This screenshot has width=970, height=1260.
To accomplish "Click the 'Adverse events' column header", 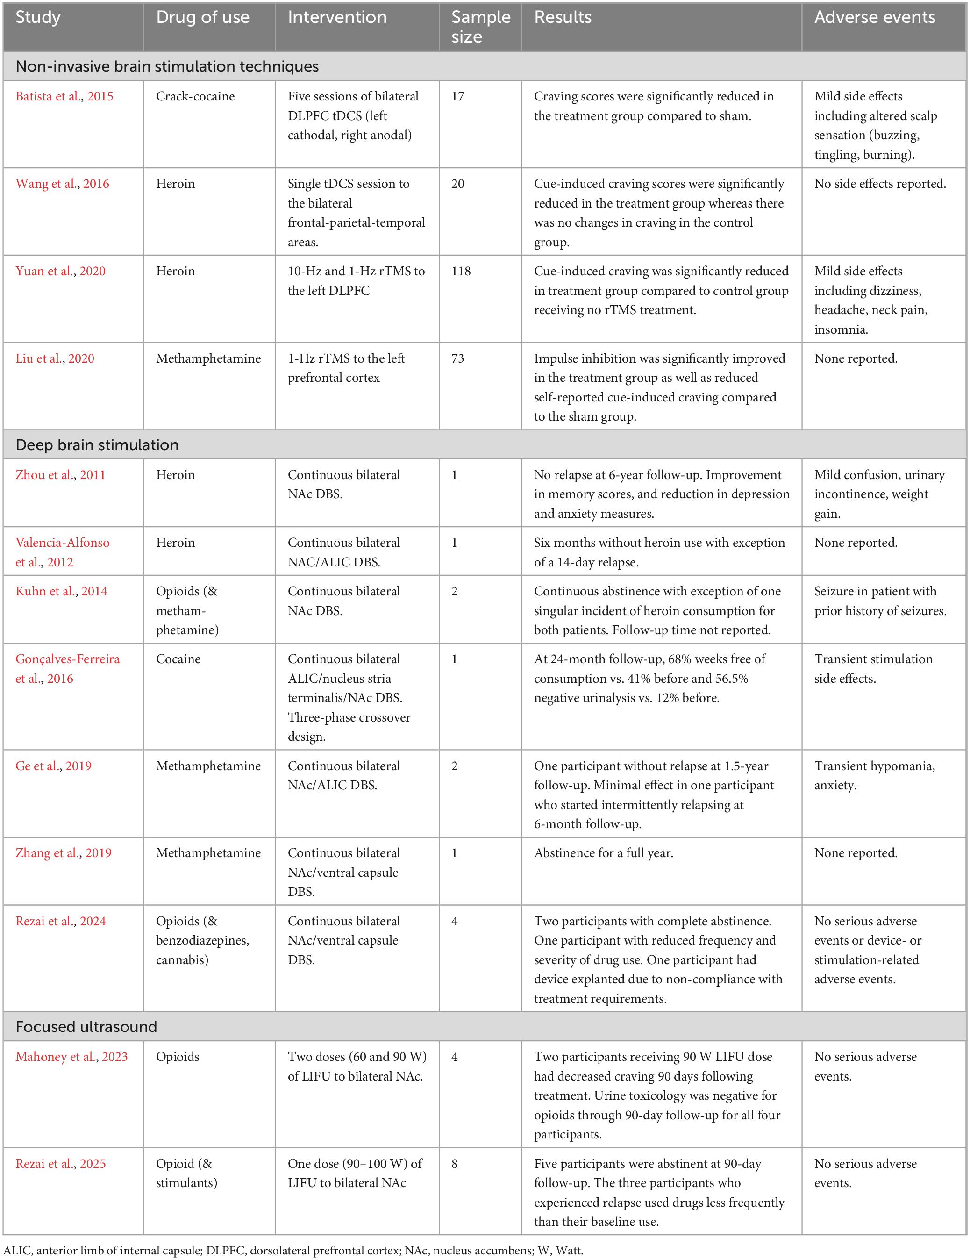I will click(x=874, y=17).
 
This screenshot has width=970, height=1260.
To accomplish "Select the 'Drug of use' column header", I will click(x=202, y=17).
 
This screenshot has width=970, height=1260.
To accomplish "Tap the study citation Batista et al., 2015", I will click(x=64, y=96).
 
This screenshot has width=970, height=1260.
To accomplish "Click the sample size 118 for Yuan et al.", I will click(x=461, y=271).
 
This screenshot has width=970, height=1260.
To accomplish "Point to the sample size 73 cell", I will click(x=457, y=358).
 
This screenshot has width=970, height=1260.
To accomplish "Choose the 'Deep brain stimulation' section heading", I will click(x=97, y=445).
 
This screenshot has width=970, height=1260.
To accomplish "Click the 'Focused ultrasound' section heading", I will click(x=86, y=1026).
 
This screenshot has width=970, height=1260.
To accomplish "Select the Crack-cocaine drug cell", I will click(x=195, y=96).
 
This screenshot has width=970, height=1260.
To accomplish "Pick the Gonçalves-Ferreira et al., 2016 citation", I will click(x=67, y=669).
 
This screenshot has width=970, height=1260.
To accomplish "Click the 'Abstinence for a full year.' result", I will click(x=603, y=852).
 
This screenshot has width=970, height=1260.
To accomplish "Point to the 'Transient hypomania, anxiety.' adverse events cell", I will click(x=874, y=775).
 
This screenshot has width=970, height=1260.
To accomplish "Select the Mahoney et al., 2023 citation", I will click(x=71, y=1056).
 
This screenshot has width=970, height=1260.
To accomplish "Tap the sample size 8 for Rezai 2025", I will click(x=455, y=1163).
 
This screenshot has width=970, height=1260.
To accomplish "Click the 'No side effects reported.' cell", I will click(x=879, y=184).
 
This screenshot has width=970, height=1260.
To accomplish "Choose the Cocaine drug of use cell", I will click(x=178, y=659).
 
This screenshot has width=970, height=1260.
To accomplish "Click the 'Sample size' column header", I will click(x=480, y=27).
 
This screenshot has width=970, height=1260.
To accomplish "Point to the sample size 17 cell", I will click(x=457, y=96).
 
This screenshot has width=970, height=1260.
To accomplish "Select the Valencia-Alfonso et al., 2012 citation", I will click(x=62, y=552).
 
